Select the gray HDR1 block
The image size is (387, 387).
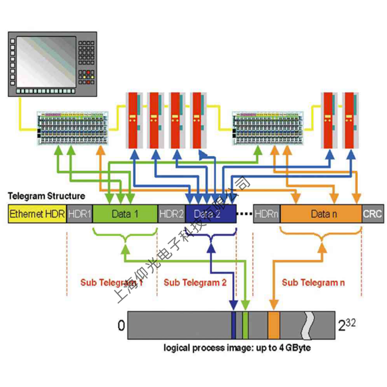click(79, 214)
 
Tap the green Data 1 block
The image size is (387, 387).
click(125, 214)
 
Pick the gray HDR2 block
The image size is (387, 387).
click(171, 214)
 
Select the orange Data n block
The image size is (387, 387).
click(321, 214)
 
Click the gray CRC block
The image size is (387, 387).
click(373, 214)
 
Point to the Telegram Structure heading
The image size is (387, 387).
click(46, 196)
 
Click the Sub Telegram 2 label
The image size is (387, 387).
click(195, 283)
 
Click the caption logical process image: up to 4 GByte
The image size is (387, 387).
click(237, 347)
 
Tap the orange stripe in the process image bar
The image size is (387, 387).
click(274, 324)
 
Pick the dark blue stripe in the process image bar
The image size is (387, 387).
click(233, 324)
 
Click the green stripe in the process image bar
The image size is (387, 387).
click(245, 324)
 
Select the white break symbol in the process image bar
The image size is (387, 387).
click(308, 324)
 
